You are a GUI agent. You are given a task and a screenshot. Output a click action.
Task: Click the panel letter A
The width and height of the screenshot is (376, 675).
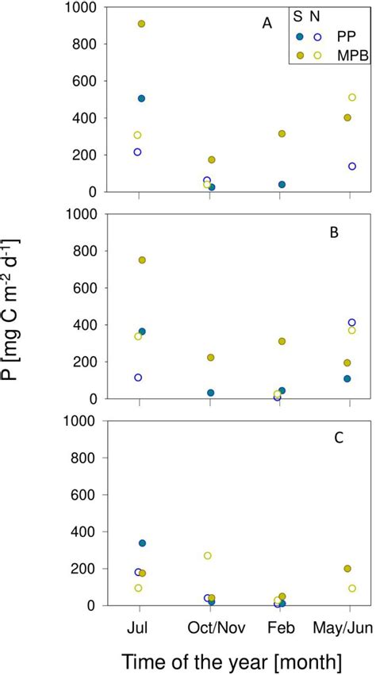[267, 24]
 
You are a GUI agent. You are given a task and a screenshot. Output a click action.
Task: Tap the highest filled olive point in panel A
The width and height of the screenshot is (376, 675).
[142, 24]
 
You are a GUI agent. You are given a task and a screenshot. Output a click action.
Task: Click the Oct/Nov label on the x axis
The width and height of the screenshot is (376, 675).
[210, 625]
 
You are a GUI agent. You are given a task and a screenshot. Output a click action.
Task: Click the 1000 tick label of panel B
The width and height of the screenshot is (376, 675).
[85, 214]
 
